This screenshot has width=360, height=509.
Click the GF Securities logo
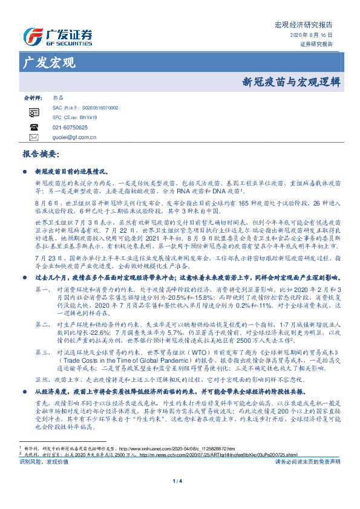pos(57,35)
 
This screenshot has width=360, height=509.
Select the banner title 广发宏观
pos(49,62)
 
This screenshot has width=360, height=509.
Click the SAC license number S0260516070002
pos(99,108)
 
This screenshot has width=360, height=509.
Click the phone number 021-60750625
pos(70,128)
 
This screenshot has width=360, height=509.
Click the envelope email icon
pos(34,138)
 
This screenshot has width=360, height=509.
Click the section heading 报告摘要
pos(40,155)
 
